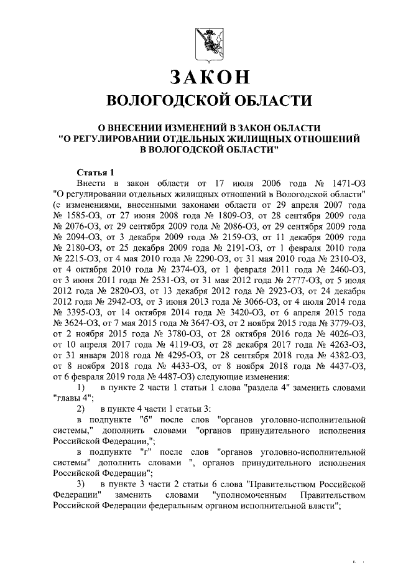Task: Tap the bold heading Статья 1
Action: (x=95, y=172)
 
